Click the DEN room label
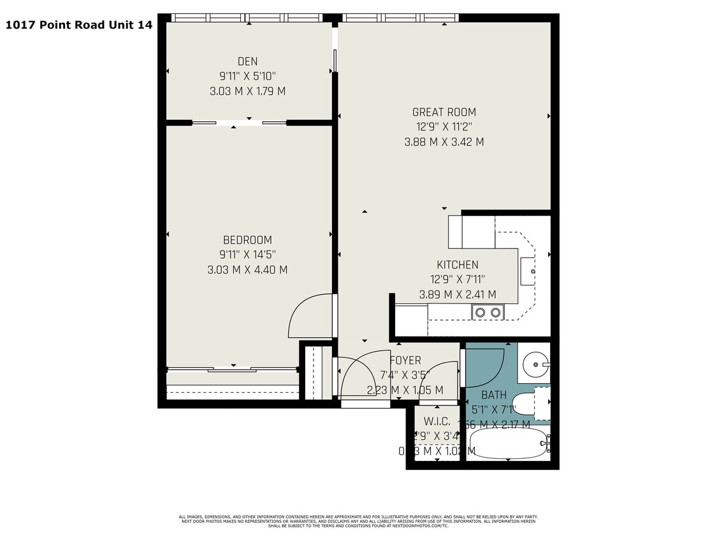[x=247, y=61]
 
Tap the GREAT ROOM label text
[x=444, y=112]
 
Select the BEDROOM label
[x=247, y=240]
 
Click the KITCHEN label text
[x=457, y=265]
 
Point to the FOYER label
[x=405, y=360]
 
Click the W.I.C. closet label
[x=437, y=422]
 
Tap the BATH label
[x=493, y=395]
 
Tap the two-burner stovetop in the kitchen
[x=488, y=312]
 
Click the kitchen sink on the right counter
[x=528, y=272]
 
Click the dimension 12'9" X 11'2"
[x=444, y=127]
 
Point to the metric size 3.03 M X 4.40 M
[x=247, y=270]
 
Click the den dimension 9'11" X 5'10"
[x=247, y=76]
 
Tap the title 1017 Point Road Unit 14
[x=79, y=25]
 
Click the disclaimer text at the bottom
[x=358, y=521]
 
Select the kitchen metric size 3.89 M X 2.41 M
[x=457, y=294]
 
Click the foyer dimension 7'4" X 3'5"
[x=405, y=375]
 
